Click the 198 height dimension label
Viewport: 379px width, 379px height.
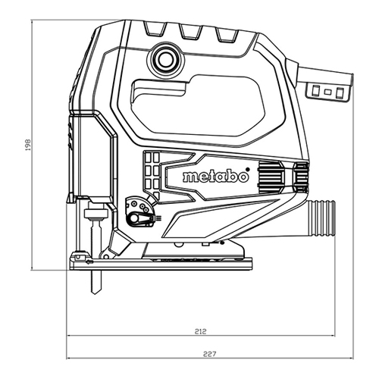(28, 145)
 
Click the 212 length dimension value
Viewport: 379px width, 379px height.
(201, 331)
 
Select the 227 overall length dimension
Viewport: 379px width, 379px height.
(210, 354)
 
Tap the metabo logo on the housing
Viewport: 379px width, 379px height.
(216, 177)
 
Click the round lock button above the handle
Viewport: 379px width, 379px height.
(165, 59)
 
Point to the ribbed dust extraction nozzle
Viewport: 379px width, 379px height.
(321, 219)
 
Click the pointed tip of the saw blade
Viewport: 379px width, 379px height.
(95, 293)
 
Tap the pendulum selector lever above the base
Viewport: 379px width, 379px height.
(140, 218)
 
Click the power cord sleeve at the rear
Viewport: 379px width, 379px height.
(324, 76)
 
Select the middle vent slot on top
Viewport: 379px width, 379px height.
(191, 32)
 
